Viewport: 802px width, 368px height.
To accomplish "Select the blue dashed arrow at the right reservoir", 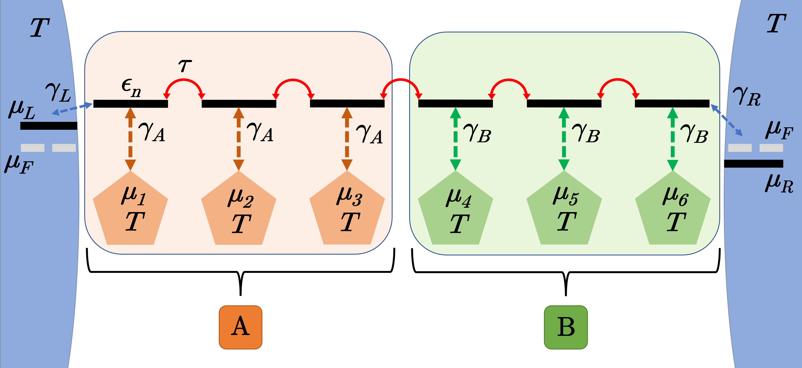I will click(727, 121).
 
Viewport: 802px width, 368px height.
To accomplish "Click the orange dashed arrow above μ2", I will click(238, 139).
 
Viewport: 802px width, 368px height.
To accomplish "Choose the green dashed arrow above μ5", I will click(564, 139).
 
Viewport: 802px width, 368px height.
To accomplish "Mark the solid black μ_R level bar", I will click(753, 164).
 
